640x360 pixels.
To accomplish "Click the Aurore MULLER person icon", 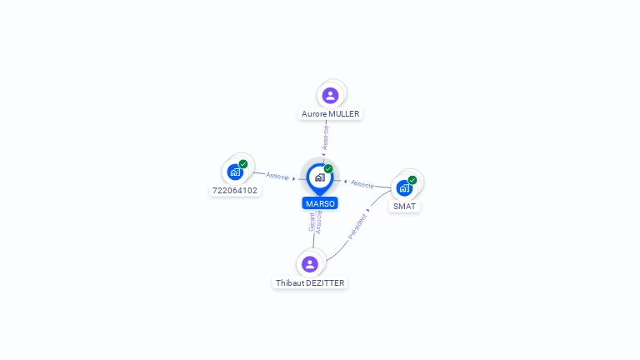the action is coord(330,96).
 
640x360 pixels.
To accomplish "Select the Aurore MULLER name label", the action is coord(330,114).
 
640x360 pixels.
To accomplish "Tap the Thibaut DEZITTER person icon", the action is coord(310,264).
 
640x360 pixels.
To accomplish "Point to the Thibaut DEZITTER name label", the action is coord(310,282).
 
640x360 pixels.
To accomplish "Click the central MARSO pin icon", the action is coord(320,179).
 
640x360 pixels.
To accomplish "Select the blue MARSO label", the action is coord(320,203).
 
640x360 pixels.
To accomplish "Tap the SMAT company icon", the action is coord(404,188).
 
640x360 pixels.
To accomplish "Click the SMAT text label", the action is coord(404,206).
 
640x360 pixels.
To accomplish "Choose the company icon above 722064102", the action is coord(235,172).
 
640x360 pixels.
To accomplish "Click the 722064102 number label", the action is coord(235,190).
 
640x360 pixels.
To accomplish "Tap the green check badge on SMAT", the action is coord(412,180).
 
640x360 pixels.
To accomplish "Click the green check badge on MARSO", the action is coord(328,168).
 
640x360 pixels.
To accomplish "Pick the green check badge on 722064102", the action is coord(243,164).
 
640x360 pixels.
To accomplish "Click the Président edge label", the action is coord(357,227).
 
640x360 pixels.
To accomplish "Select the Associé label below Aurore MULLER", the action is coord(325,137).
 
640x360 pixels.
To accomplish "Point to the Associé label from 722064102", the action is coord(277,176).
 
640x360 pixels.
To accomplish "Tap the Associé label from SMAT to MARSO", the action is coord(362,184).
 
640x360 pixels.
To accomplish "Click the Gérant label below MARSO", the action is coord(312,222).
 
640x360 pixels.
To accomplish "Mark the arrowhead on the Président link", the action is coord(367,210).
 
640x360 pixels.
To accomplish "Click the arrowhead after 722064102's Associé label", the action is coord(294,179).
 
